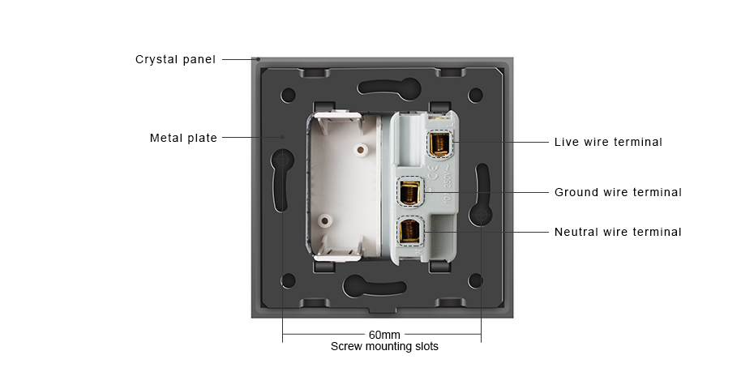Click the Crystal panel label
(175, 60)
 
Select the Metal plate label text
(184, 138)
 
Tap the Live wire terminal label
(608, 142)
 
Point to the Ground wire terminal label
(618, 192)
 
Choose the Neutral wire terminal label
(618, 232)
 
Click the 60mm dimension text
(384, 335)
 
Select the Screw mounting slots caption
(384, 347)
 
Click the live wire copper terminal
(439, 144)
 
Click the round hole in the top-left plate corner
(288, 95)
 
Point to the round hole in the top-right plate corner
(476, 95)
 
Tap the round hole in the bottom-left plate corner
(288, 280)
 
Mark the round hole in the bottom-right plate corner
(476, 280)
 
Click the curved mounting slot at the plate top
(389, 87)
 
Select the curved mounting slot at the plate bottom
(374, 286)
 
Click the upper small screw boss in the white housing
(358, 149)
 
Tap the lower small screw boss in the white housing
(326, 221)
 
